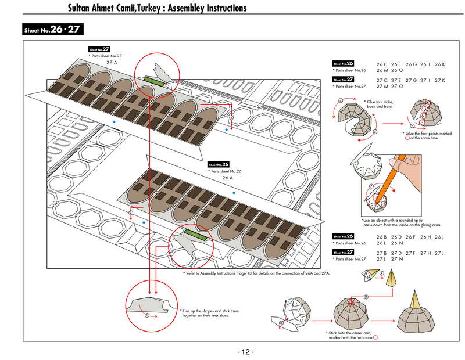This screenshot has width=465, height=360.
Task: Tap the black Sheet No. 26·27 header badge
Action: pyautogui.click(x=52, y=30)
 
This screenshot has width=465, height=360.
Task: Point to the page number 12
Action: pyautogui.click(x=245, y=352)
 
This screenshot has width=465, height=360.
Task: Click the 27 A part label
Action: pyautogui.click(x=112, y=62)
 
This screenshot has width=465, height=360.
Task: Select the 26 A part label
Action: pyautogui.click(x=228, y=178)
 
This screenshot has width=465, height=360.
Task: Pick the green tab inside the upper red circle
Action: pyautogui.click(x=155, y=80)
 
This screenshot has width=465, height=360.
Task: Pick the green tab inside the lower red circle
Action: pyautogui.click(x=195, y=236)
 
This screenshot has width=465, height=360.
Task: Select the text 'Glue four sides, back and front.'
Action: pyautogui.click(x=381, y=105)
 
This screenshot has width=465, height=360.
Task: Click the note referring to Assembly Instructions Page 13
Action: pyautogui.click(x=256, y=272)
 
